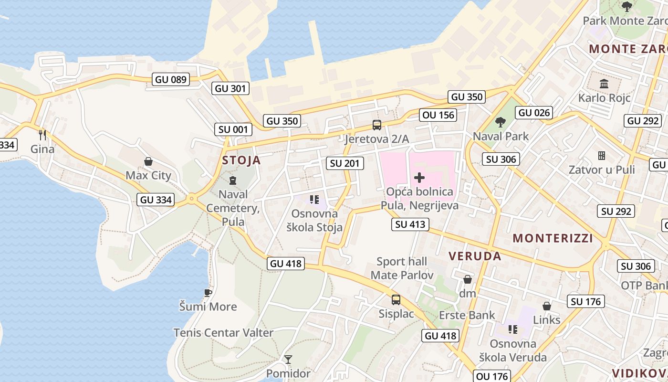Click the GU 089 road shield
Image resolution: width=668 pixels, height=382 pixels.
pos(171,79)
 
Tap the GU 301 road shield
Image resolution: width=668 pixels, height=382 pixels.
pos(230,88)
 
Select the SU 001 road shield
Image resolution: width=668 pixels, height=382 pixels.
pos(233,129)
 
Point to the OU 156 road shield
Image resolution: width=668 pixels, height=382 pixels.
pos(438,115)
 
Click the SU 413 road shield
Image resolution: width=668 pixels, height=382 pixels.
pos(410,224)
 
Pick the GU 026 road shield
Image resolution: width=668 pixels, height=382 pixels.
pos(534,113)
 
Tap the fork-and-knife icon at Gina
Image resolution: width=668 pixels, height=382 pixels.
pos(42,135)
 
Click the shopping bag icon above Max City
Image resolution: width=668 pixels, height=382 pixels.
pos(148,161)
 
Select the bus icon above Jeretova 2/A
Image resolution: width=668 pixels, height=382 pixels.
pos(377,125)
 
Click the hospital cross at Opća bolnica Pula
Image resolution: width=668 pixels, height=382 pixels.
pos(419,178)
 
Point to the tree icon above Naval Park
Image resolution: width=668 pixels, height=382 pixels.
pos(500,122)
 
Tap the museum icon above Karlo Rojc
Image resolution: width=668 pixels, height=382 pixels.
pos(604,84)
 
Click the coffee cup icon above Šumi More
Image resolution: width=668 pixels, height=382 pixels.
pos(208,292)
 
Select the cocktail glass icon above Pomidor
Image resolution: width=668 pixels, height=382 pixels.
pos(288,360)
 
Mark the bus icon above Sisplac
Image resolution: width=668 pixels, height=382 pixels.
pos(396,300)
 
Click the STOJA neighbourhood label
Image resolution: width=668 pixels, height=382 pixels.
pos(241,160)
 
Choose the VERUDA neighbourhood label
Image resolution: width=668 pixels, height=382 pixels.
pos(475,256)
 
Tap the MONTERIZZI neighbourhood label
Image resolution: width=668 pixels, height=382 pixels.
pos(553,238)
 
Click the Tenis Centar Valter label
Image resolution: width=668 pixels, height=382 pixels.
pos(223,332)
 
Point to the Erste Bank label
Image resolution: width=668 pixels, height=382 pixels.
pos(467,315)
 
